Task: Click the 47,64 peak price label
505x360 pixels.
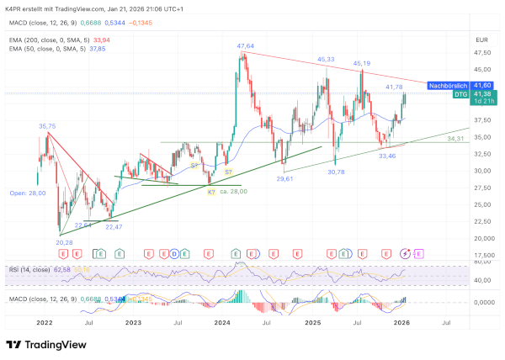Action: pyautogui.click(x=246, y=45)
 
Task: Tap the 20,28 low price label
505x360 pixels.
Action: pyautogui.click(x=63, y=242)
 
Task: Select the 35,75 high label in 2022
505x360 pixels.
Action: pyautogui.click(x=47, y=126)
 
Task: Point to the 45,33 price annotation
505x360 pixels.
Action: pyautogui.click(x=326, y=60)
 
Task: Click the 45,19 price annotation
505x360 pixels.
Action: pyautogui.click(x=362, y=63)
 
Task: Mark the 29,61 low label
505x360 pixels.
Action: pyautogui.click(x=284, y=178)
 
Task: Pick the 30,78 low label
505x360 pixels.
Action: pyautogui.click(x=336, y=172)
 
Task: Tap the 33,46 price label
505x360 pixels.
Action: pyautogui.click(x=387, y=156)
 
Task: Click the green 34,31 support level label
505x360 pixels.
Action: pyautogui.click(x=456, y=138)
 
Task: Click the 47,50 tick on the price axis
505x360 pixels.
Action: pyautogui.click(x=482, y=52)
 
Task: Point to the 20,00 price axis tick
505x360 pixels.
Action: pyautogui.click(x=482, y=238)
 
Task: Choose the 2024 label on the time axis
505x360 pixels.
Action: pyautogui.click(x=221, y=321)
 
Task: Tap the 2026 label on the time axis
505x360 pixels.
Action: pyautogui.click(x=402, y=321)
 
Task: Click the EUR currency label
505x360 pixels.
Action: pyautogui.click(x=482, y=40)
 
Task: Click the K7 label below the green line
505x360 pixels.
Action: pyautogui.click(x=210, y=192)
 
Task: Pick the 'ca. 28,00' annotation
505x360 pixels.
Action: pyautogui.click(x=235, y=192)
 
